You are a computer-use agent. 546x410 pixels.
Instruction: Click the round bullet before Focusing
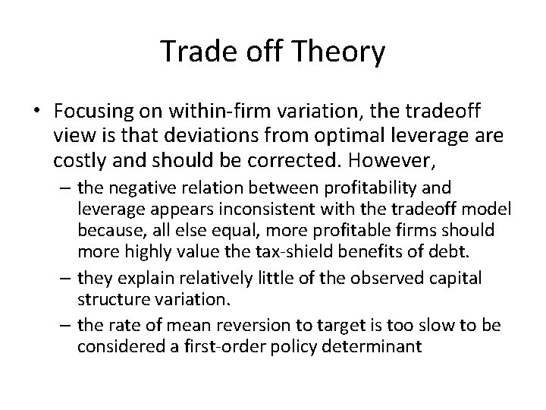38,111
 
